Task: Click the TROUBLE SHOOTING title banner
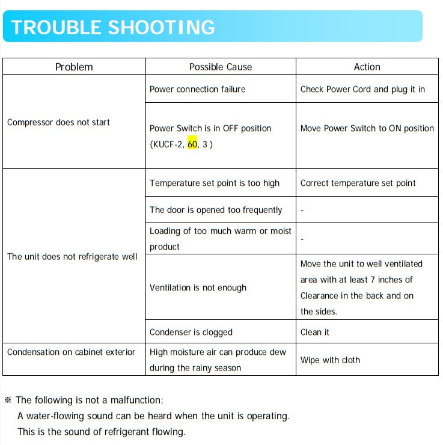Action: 113,27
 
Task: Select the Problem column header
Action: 74,67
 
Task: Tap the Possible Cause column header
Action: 221,67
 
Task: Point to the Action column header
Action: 367,67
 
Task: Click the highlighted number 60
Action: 192,144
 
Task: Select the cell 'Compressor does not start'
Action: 58,122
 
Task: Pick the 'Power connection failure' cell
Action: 197,89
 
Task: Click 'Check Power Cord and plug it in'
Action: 362,89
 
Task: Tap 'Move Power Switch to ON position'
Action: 367,128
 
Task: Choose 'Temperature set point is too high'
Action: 215,183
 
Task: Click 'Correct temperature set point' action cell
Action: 358,183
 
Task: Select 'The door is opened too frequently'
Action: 216,210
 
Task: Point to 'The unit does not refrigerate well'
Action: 72,256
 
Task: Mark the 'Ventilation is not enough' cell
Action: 198,287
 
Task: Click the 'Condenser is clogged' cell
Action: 191,332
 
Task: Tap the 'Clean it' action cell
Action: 315,332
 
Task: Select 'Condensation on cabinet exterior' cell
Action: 71,352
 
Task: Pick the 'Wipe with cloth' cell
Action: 330,360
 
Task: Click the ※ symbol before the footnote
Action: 8,400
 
